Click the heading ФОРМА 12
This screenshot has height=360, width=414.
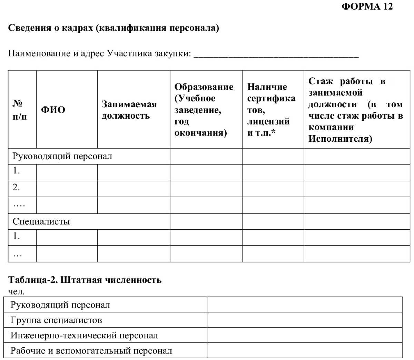click(x=367, y=7)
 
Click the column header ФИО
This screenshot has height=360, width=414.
click(x=53, y=110)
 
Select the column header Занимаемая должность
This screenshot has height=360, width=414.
click(x=129, y=110)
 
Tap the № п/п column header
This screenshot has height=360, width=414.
click(x=19, y=110)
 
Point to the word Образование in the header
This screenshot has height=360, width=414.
click(x=204, y=87)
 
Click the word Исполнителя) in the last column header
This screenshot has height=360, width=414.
click(x=340, y=139)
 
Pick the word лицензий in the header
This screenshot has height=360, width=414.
click(x=268, y=121)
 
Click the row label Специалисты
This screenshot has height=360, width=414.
click(x=41, y=221)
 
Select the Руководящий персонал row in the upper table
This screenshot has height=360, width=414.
click(x=62, y=156)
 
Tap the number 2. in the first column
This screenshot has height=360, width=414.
click(x=16, y=188)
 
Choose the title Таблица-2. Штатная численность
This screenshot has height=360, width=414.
click(x=85, y=280)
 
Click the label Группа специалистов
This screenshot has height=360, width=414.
click(x=56, y=320)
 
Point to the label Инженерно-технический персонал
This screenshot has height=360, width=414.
click(x=84, y=335)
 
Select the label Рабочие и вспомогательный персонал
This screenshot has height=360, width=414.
click(x=91, y=351)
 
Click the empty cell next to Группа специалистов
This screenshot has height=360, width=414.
click(x=304, y=320)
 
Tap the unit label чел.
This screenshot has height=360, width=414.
click(x=16, y=291)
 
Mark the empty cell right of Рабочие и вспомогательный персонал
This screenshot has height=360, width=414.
click(x=304, y=350)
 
